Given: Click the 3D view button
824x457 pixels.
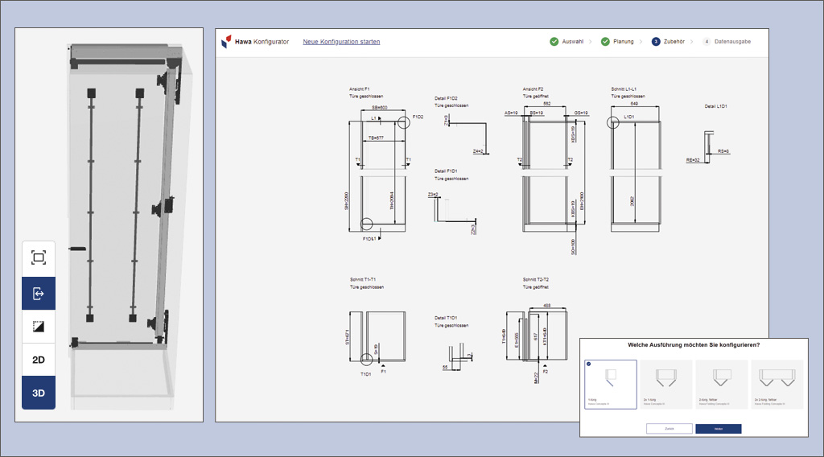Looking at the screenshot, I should pyautogui.click(x=39, y=393).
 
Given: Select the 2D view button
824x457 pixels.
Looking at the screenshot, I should pyautogui.click(x=39, y=360).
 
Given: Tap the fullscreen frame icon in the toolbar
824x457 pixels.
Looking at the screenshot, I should pyautogui.click(x=39, y=257).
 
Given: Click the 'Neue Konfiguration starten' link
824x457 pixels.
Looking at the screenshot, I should pyautogui.click(x=341, y=42).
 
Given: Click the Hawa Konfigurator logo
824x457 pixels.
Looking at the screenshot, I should pyautogui.click(x=255, y=42).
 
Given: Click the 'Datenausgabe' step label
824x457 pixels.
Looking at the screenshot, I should pyautogui.click(x=732, y=42).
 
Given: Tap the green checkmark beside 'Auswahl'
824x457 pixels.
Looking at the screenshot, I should pyautogui.click(x=554, y=42).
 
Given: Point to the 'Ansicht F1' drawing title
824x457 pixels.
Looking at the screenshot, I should pyautogui.click(x=360, y=89).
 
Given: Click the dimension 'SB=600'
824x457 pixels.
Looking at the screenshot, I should pyautogui.click(x=379, y=107).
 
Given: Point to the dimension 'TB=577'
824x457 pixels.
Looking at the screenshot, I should pyautogui.click(x=376, y=138).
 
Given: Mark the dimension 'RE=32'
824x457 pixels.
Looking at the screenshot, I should pyautogui.click(x=691, y=160).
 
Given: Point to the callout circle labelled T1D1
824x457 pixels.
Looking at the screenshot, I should pyautogui.click(x=368, y=359).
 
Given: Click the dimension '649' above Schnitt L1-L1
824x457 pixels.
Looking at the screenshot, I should pyautogui.click(x=634, y=104).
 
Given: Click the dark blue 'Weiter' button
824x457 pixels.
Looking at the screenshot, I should pyautogui.click(x=718, y=429).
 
